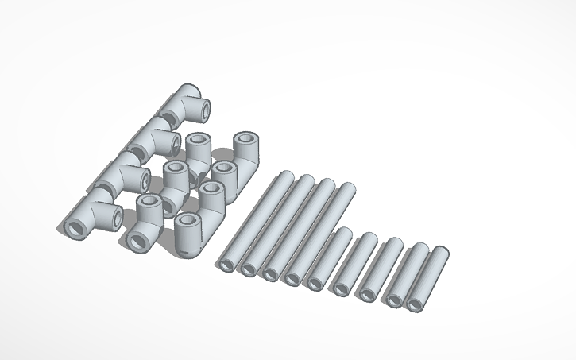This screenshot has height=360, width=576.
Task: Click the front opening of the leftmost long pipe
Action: tap(226, 265)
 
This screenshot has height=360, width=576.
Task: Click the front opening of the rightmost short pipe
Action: tap(415, 304)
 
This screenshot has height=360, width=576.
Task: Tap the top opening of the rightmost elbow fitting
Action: tap(246, 142)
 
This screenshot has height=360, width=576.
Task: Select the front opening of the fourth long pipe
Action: tap(292, 277)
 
